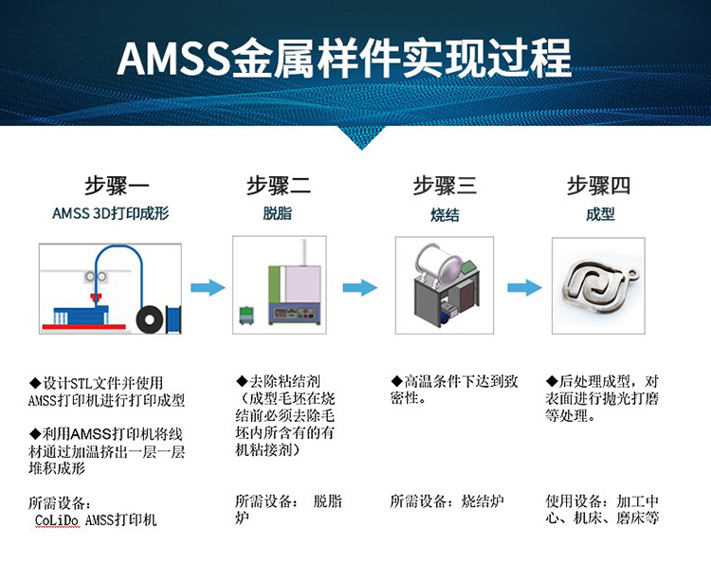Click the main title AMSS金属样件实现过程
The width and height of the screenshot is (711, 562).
point(344,58)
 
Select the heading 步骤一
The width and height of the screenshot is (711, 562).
point(117,186)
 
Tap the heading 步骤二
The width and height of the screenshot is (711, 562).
point(279,186)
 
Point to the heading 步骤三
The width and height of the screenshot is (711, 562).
point(445,186)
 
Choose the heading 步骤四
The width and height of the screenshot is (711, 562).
point(598,186)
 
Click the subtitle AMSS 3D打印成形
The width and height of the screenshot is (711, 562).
point(111,213)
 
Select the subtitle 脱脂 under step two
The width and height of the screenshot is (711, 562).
point(278,213)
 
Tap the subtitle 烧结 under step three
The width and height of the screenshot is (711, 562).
point(445,214)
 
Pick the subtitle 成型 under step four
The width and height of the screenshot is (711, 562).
point(600,214)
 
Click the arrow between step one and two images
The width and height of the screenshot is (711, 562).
point(208,287)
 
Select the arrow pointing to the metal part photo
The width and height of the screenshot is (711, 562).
point(524,287)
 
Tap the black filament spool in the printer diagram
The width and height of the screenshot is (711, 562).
point(149,319)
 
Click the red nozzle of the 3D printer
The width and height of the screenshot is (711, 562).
point(96,299)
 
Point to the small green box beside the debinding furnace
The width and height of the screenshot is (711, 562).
point(246,316)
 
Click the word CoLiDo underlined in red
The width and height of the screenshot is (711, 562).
point(57,520)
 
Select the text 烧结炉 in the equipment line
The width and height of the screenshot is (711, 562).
point(483,501)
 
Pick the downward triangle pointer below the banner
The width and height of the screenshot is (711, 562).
point(361,137)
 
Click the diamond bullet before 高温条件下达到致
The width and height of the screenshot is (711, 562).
point(397,381)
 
